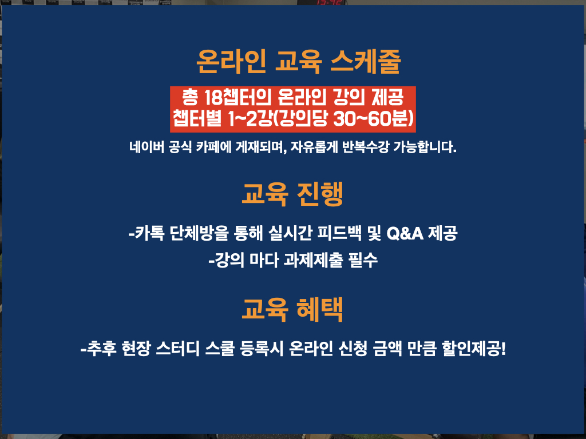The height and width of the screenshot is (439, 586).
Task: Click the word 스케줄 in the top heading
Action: [x=366, y=61]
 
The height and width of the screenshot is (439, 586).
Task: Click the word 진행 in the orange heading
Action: [x=320, y=194]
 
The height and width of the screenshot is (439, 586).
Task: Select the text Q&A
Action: [x=405, y=234]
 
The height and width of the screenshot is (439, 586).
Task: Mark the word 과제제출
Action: [x=313, y=260]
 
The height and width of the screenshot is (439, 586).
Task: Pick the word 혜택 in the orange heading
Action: [x=319, y=310]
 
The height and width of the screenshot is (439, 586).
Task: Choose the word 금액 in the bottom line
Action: [x=387, y=349]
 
